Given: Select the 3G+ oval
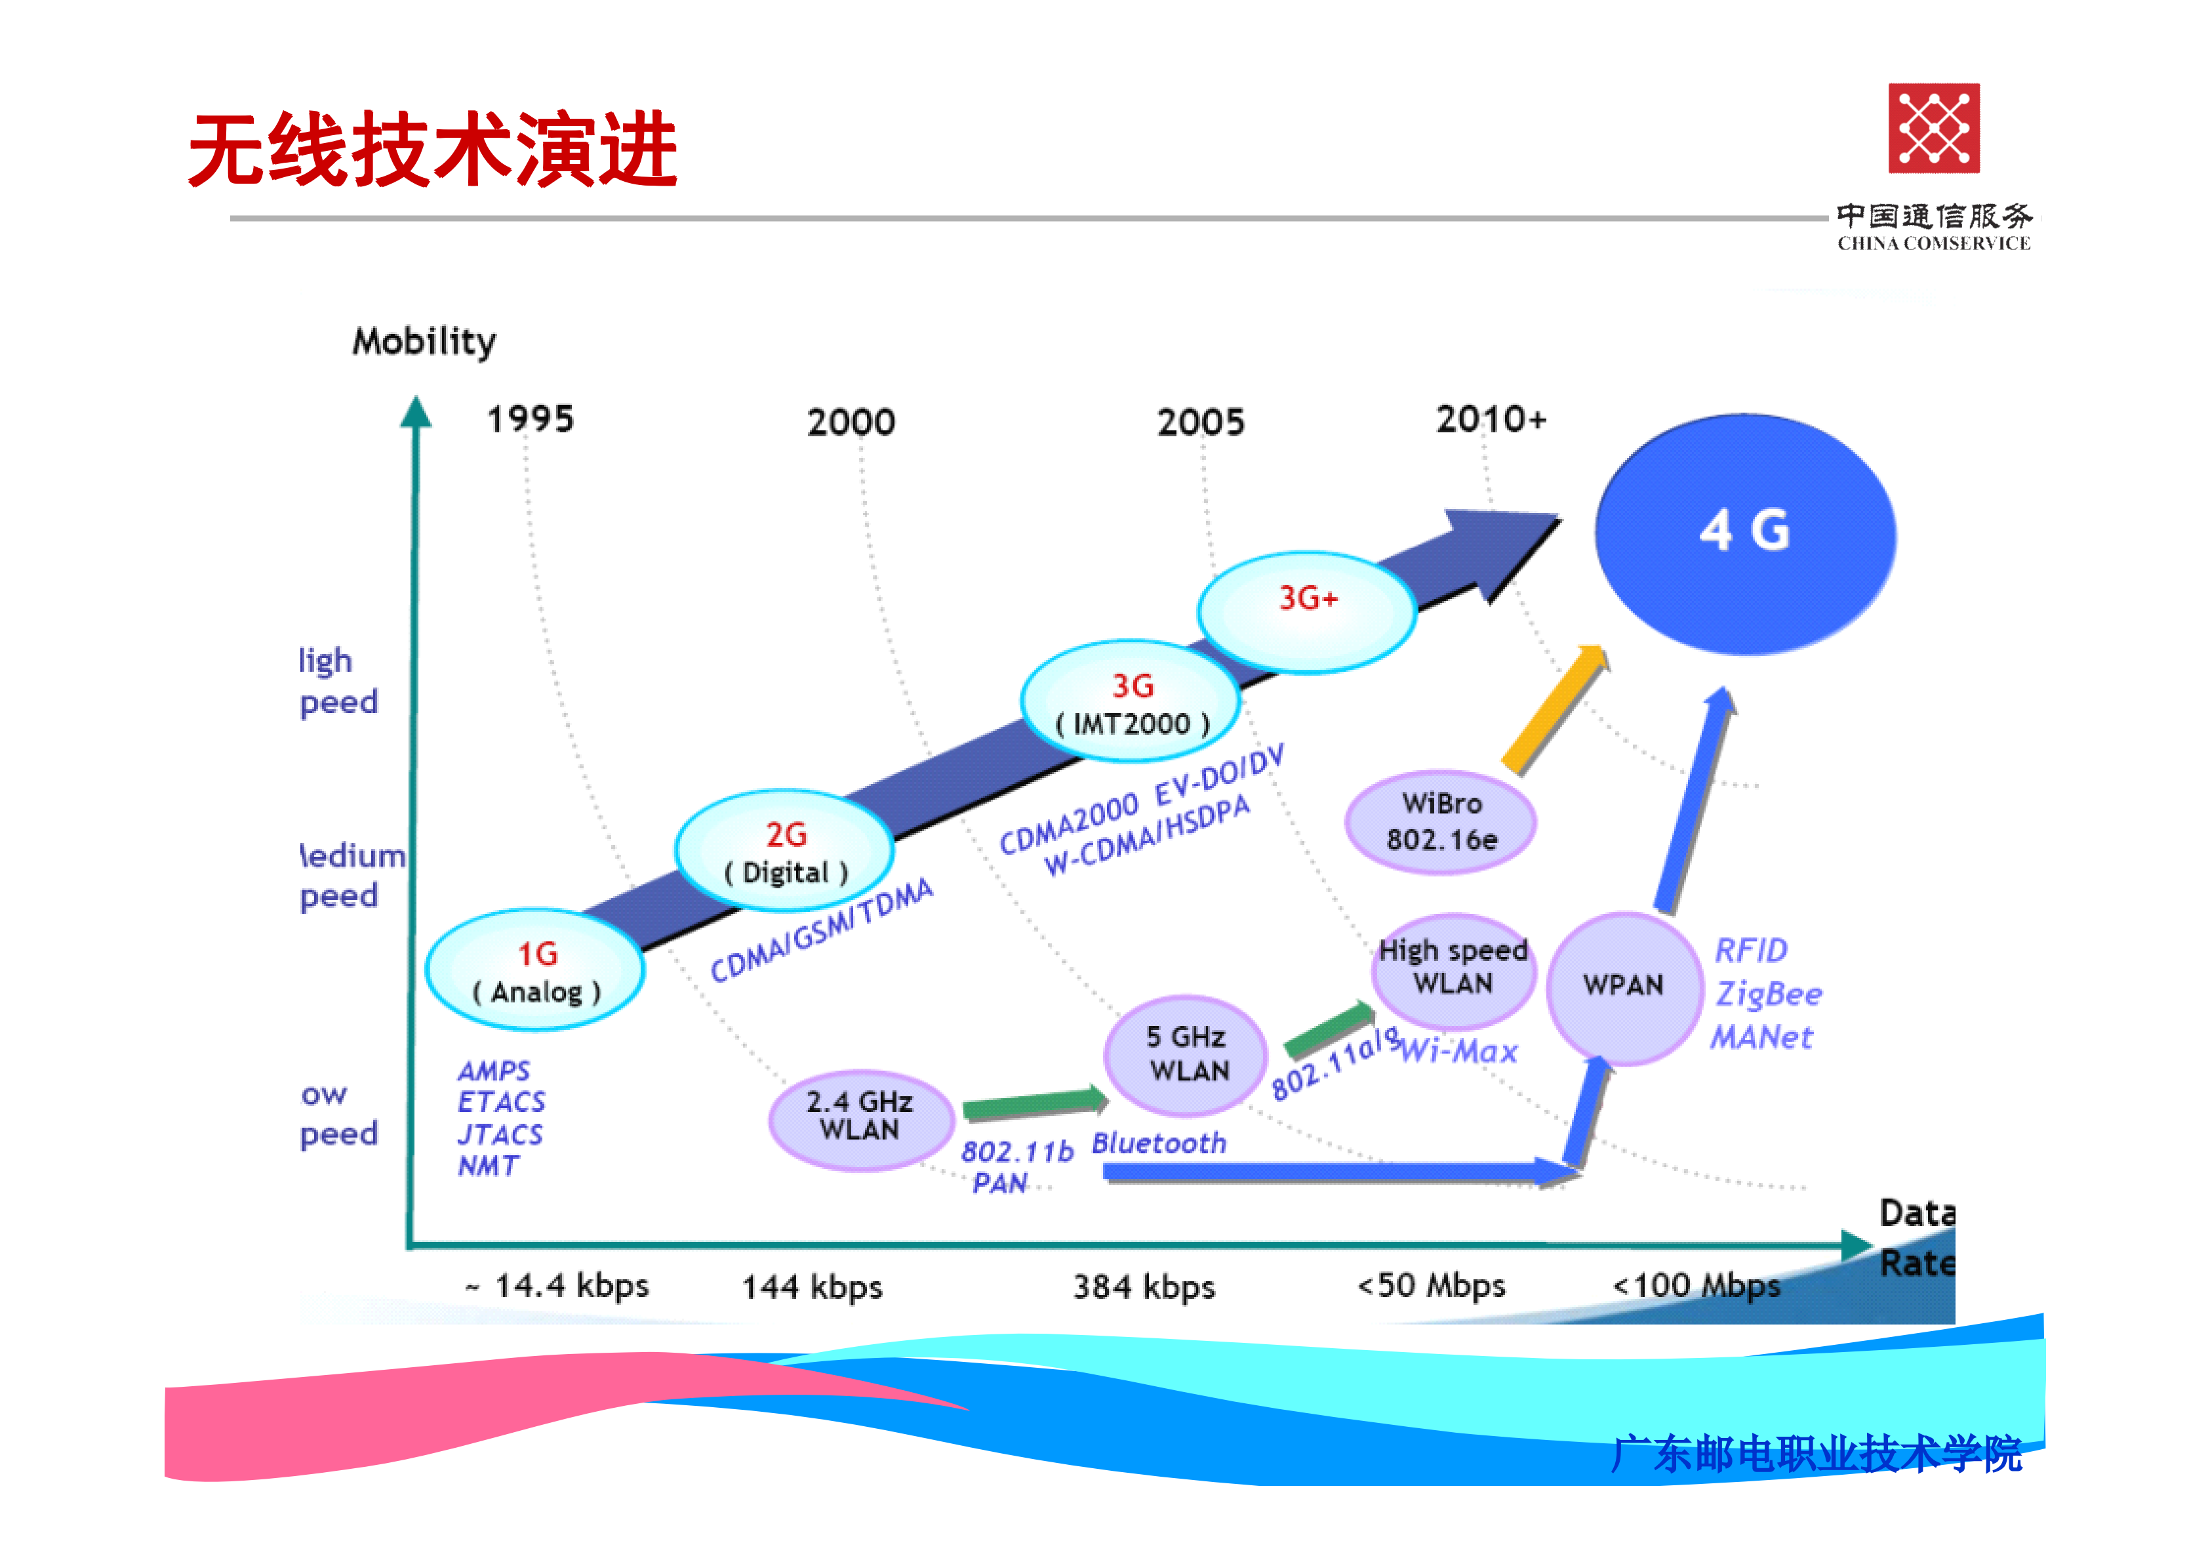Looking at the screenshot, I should point(1307,611).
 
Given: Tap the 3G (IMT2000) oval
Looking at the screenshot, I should point(1131,702).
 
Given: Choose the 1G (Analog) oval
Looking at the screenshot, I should point(536,970).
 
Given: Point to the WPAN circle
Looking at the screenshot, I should point(1623,987).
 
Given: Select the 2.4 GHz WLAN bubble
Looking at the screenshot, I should point(860,1118).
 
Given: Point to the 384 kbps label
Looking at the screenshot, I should point(1144,1287).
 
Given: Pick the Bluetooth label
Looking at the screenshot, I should point(1159,1143).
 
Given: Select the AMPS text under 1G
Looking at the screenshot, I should point(493,1071).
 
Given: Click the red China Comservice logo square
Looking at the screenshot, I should point(1933,128).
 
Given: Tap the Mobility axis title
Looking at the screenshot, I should point(424,341).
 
